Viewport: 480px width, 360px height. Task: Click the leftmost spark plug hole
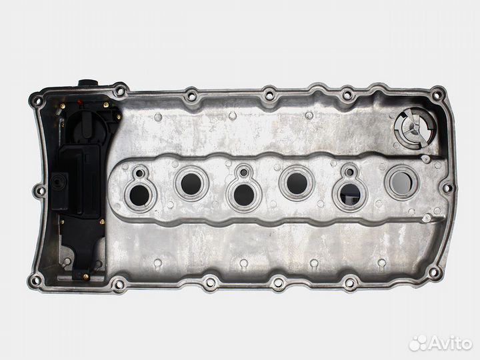coord(139,196)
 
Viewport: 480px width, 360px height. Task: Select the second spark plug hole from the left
coord(191,184)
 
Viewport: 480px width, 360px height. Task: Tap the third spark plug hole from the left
coord(244,195)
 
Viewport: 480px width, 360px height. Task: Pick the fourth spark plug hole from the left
coord(297,183)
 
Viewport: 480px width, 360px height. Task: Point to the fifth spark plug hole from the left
coord(350,194)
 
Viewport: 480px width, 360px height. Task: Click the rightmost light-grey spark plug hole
coord(401,182)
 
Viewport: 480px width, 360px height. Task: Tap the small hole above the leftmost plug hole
coord(139,173)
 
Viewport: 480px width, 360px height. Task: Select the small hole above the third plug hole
coord(244,173)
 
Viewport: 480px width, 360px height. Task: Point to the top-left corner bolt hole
coord(37,100)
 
